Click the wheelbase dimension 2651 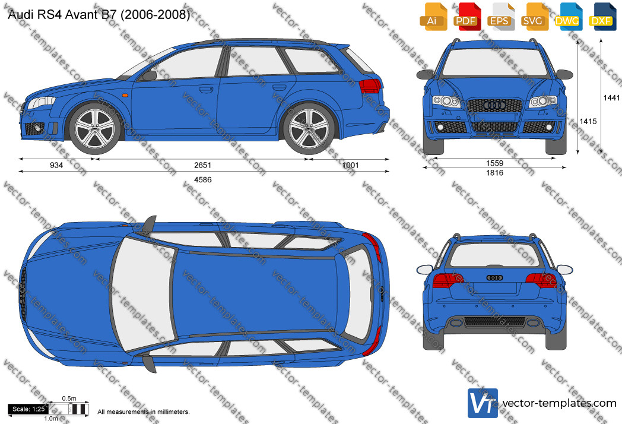pyautogui.click(x=203, y=165)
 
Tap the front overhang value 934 pyautogui.click(x=56, y=165)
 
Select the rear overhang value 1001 pyautogui.click(x=350, y=165)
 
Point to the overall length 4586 pyautogui.click(x=203, y=180)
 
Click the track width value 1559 pyautogui.click(x=494, y=163)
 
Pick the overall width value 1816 pyautogui.click(x=494, y=173)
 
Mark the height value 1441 pyautogui.click(x=611, y=97)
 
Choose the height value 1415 pyautogui.click(x=588, y=122)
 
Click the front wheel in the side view pyautogui.click(x=95, y=129)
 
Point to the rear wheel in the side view pyautogui.click(x=308, y=129)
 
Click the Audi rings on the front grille pyautogui.click(x=494, y=105)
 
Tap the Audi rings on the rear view pyautogui.click(x=494, y=277)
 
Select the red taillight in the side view pyautogui.click(x=370, y=86)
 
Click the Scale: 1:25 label pyautogui.click(x=28, y=409)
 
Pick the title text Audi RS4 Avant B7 pyautogui.click(x=62, y=15)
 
